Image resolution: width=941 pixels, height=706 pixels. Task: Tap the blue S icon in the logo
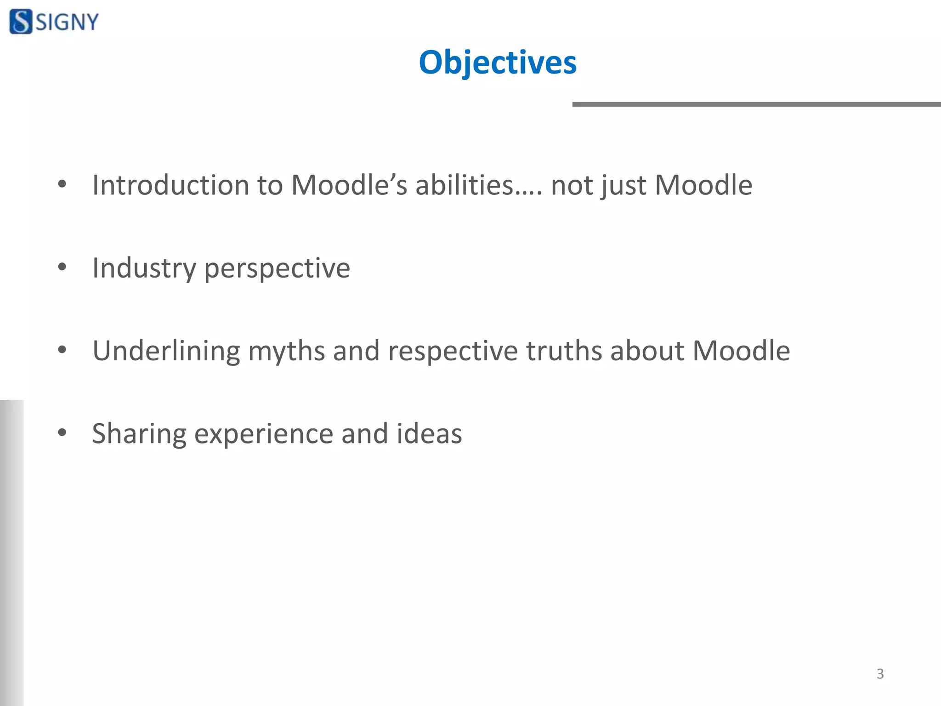(x=21, y=22)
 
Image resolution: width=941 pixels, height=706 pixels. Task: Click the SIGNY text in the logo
(x=67, y=22)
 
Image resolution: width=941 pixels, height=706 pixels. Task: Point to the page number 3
(x=880, y=674)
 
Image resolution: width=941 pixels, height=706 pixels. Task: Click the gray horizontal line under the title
(x=756, y=104)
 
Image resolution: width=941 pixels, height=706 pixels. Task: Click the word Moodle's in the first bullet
(x=349, y=185)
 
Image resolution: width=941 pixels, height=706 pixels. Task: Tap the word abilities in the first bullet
(x=464, y=185)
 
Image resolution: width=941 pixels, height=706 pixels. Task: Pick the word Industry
(x=144, y=268)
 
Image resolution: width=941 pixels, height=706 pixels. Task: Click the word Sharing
(x=139, y=434)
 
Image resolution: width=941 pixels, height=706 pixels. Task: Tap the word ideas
(x=429, y=433)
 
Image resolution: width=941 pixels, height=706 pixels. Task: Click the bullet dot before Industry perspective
(x=62, y=267)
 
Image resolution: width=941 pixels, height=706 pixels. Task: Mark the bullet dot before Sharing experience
(x=62, y=433)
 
